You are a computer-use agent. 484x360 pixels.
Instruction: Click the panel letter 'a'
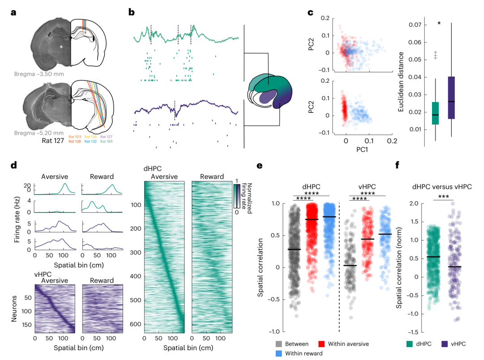pos(13,12)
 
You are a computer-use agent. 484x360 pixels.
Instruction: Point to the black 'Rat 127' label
pos(48,142)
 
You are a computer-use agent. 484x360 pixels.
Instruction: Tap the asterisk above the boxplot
pos(439,23)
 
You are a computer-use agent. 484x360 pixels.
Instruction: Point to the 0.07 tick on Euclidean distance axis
pos(418,25)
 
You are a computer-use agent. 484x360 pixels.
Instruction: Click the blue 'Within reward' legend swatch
pos(278,354)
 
